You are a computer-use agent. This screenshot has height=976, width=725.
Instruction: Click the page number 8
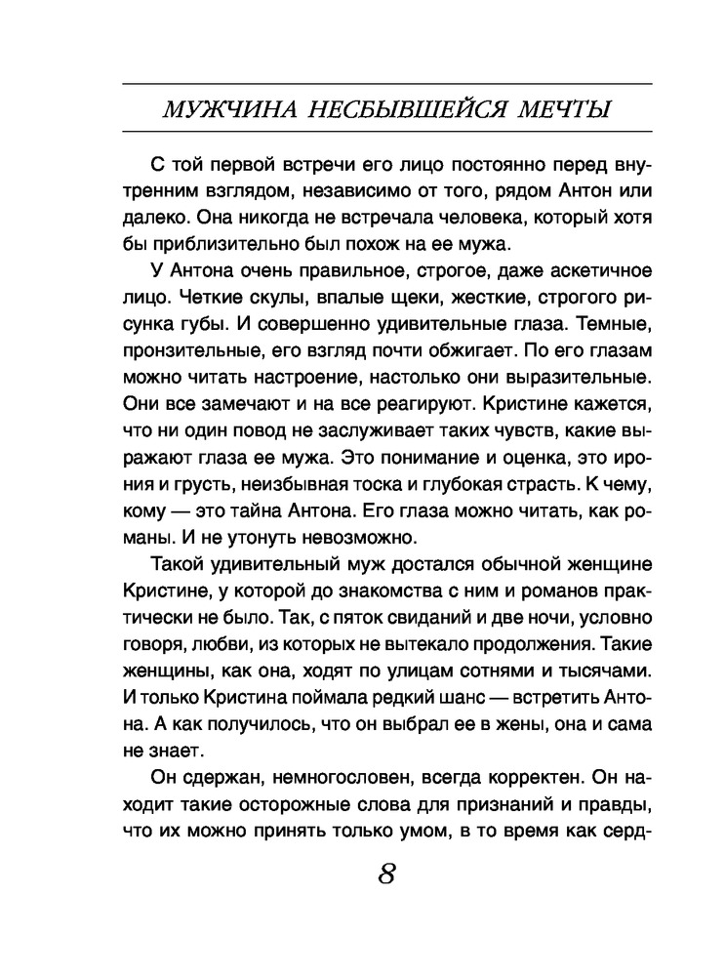coord(386,872)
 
